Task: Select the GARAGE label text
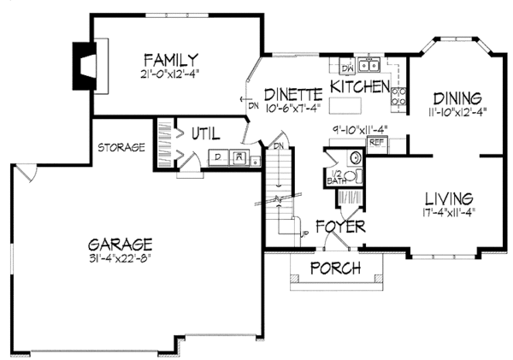[124, 242]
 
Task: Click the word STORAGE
[119, 147]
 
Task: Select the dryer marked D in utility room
[218, 157]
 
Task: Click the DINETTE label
[292, 93]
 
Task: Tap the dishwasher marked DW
[347, 66]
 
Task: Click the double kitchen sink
[369, 65]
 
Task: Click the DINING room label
[457, 97]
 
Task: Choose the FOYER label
[339, 227]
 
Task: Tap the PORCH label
[334, 269]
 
